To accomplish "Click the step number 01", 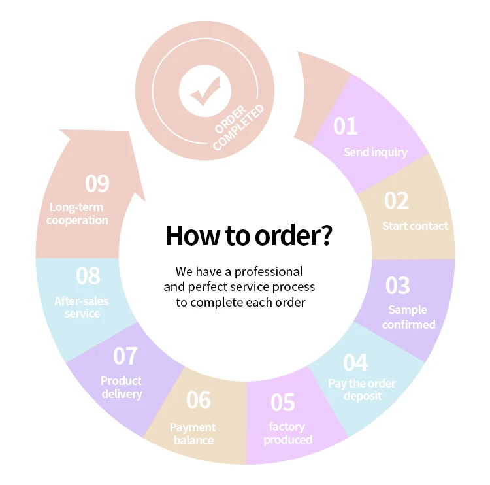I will click(346, 125).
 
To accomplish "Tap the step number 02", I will click(396, 201).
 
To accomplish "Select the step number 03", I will click(397, 285).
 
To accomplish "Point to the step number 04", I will click(355, 361).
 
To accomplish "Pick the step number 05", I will click(282, 403).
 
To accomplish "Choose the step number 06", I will click(199, 399).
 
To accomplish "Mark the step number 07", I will click(125, 356).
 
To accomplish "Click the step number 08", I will click(88, 275).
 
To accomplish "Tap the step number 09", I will click(97, 184).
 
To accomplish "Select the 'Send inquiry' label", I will click(375, 152).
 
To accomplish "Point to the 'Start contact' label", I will click(415, 226).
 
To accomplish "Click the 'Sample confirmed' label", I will click(408, 317).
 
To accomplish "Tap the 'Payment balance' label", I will click(193, 433).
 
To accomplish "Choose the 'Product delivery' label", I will click(121, 387).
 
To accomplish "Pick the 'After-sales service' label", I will click(82, 307).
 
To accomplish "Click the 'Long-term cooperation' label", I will click(77, 214).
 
